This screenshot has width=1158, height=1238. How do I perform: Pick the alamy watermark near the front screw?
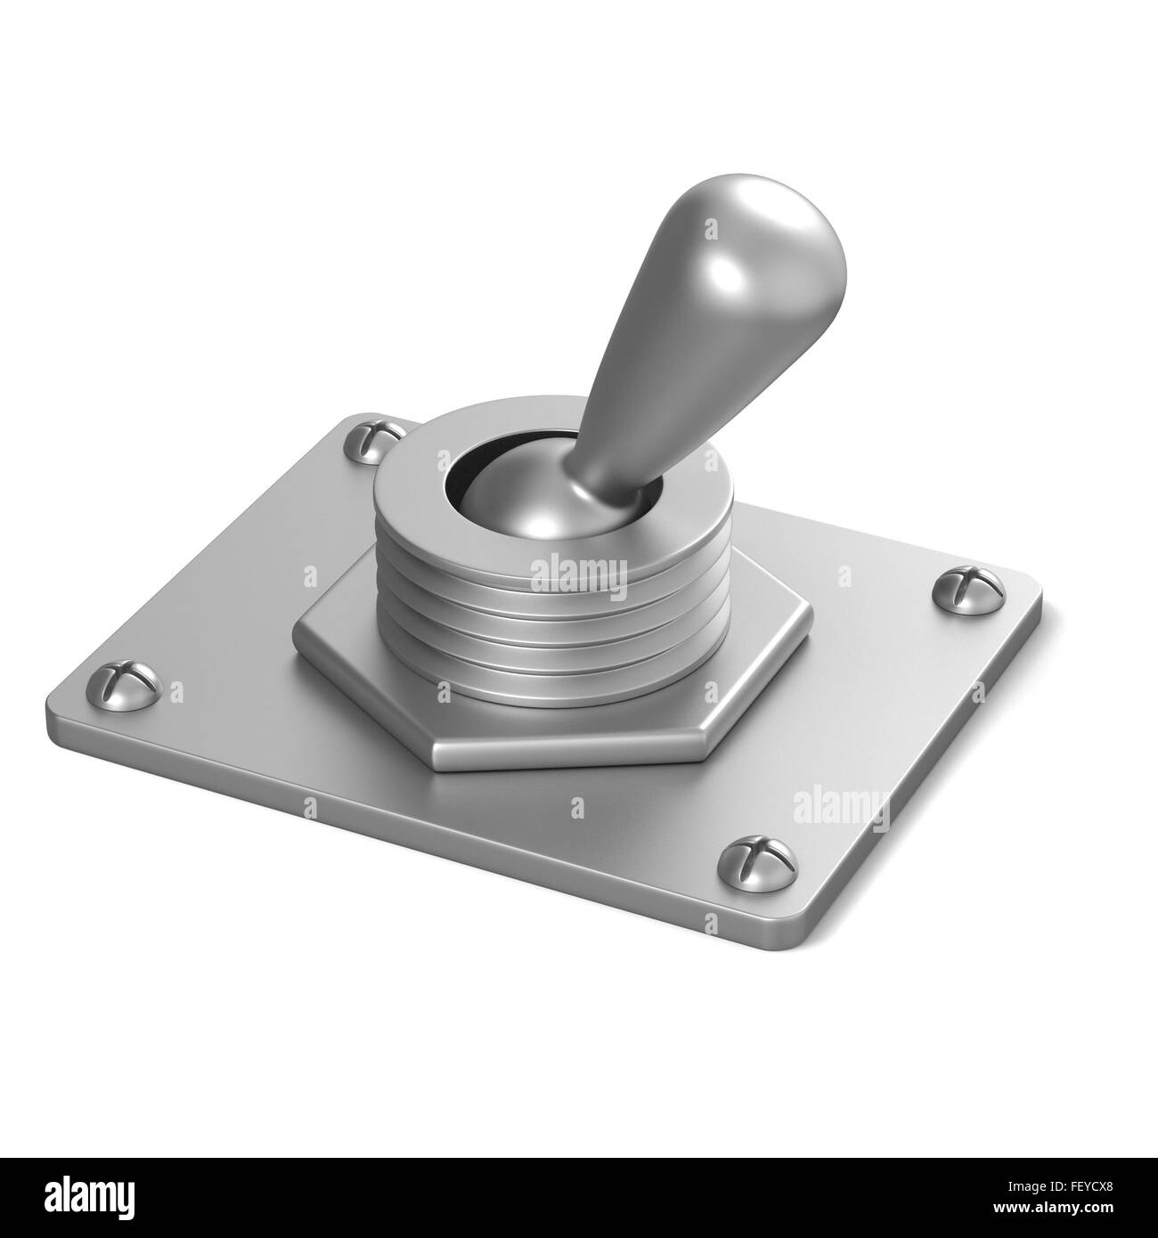click(x=841, y=806)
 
